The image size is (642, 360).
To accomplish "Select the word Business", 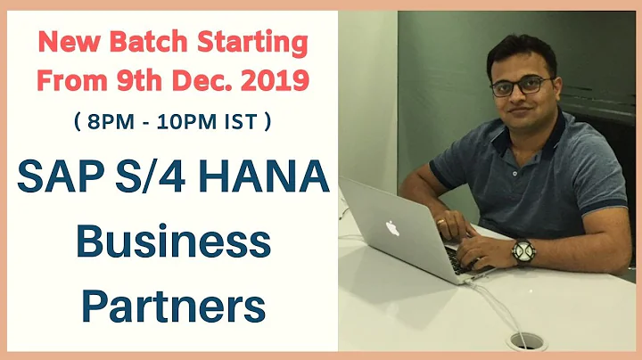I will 172,242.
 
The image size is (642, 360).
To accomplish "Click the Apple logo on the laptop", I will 391,228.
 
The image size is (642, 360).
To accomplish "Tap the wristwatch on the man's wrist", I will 523,252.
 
